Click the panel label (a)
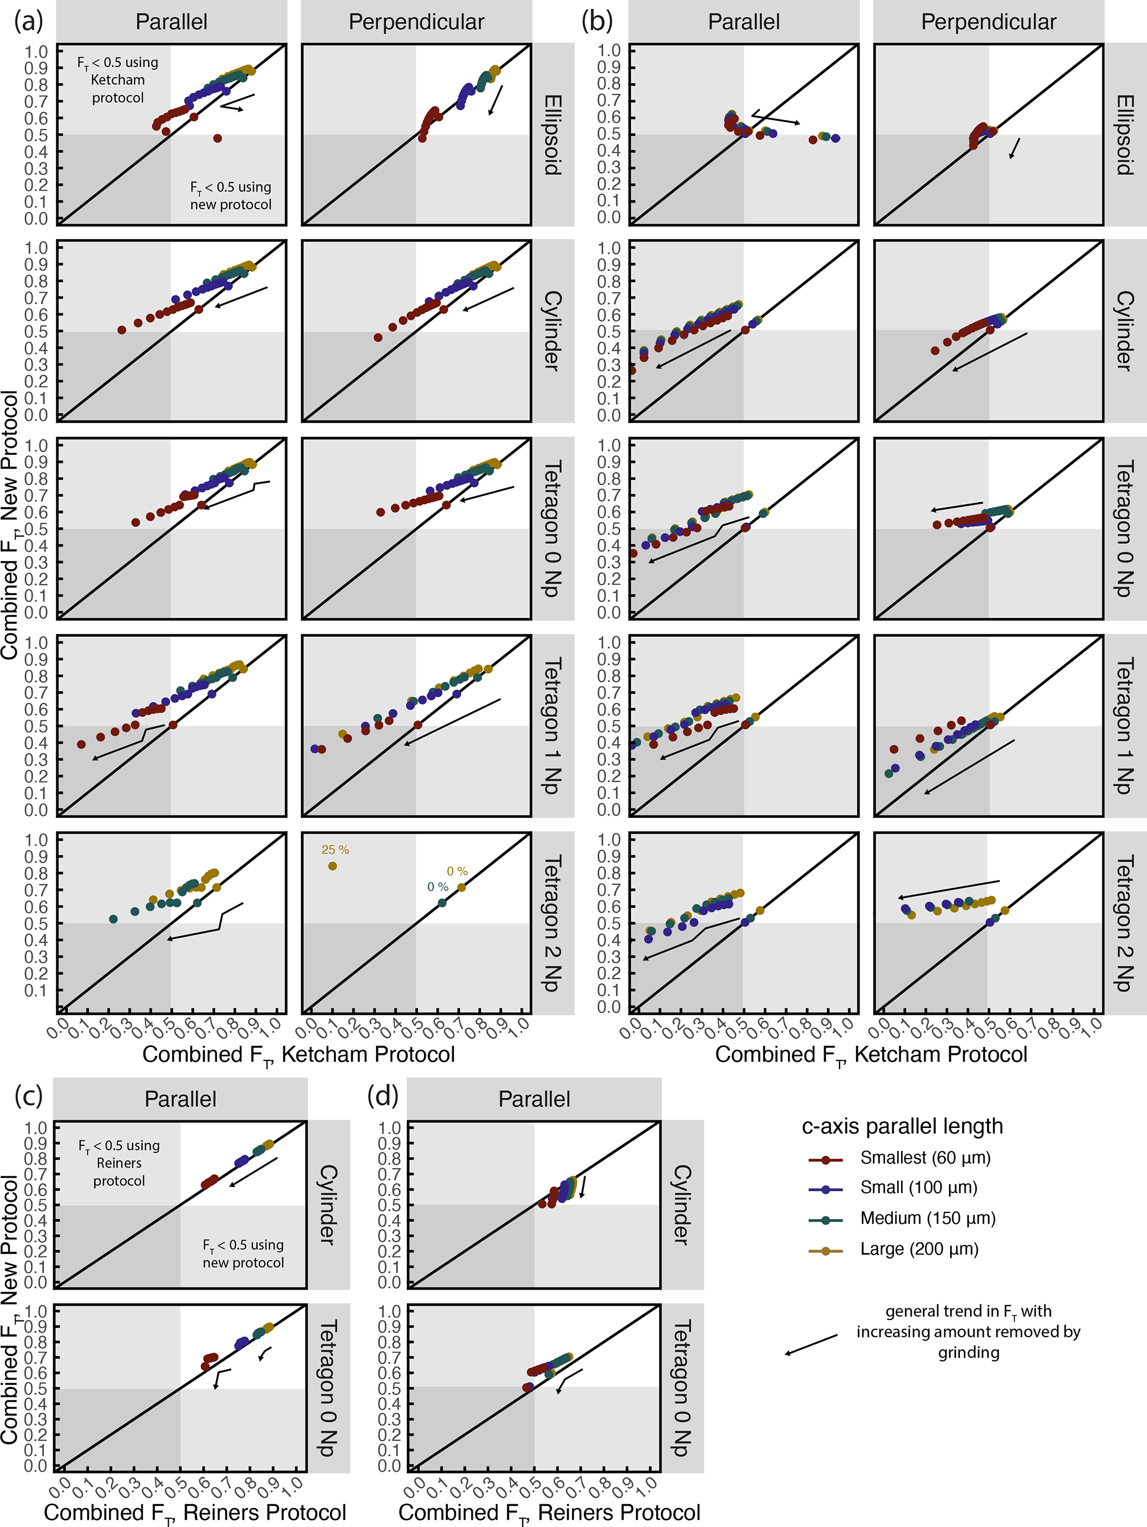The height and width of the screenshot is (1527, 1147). (28, 22)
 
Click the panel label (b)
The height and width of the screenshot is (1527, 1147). (597, 22)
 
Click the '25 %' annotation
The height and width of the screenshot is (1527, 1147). (336, 850)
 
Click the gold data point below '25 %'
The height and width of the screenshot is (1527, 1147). (332, 866)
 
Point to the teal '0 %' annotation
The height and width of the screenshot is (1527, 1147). (438, 886)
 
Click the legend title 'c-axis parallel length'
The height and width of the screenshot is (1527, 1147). (902, 1126)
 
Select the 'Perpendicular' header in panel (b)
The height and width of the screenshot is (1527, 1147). (988, 22)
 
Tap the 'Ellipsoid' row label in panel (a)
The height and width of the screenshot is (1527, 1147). (553, 135)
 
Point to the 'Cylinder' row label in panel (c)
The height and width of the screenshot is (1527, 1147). (328, 1205)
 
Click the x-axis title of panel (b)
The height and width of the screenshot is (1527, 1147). (871, 1054)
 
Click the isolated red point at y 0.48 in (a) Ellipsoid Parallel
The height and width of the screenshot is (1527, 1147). (218, 138)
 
